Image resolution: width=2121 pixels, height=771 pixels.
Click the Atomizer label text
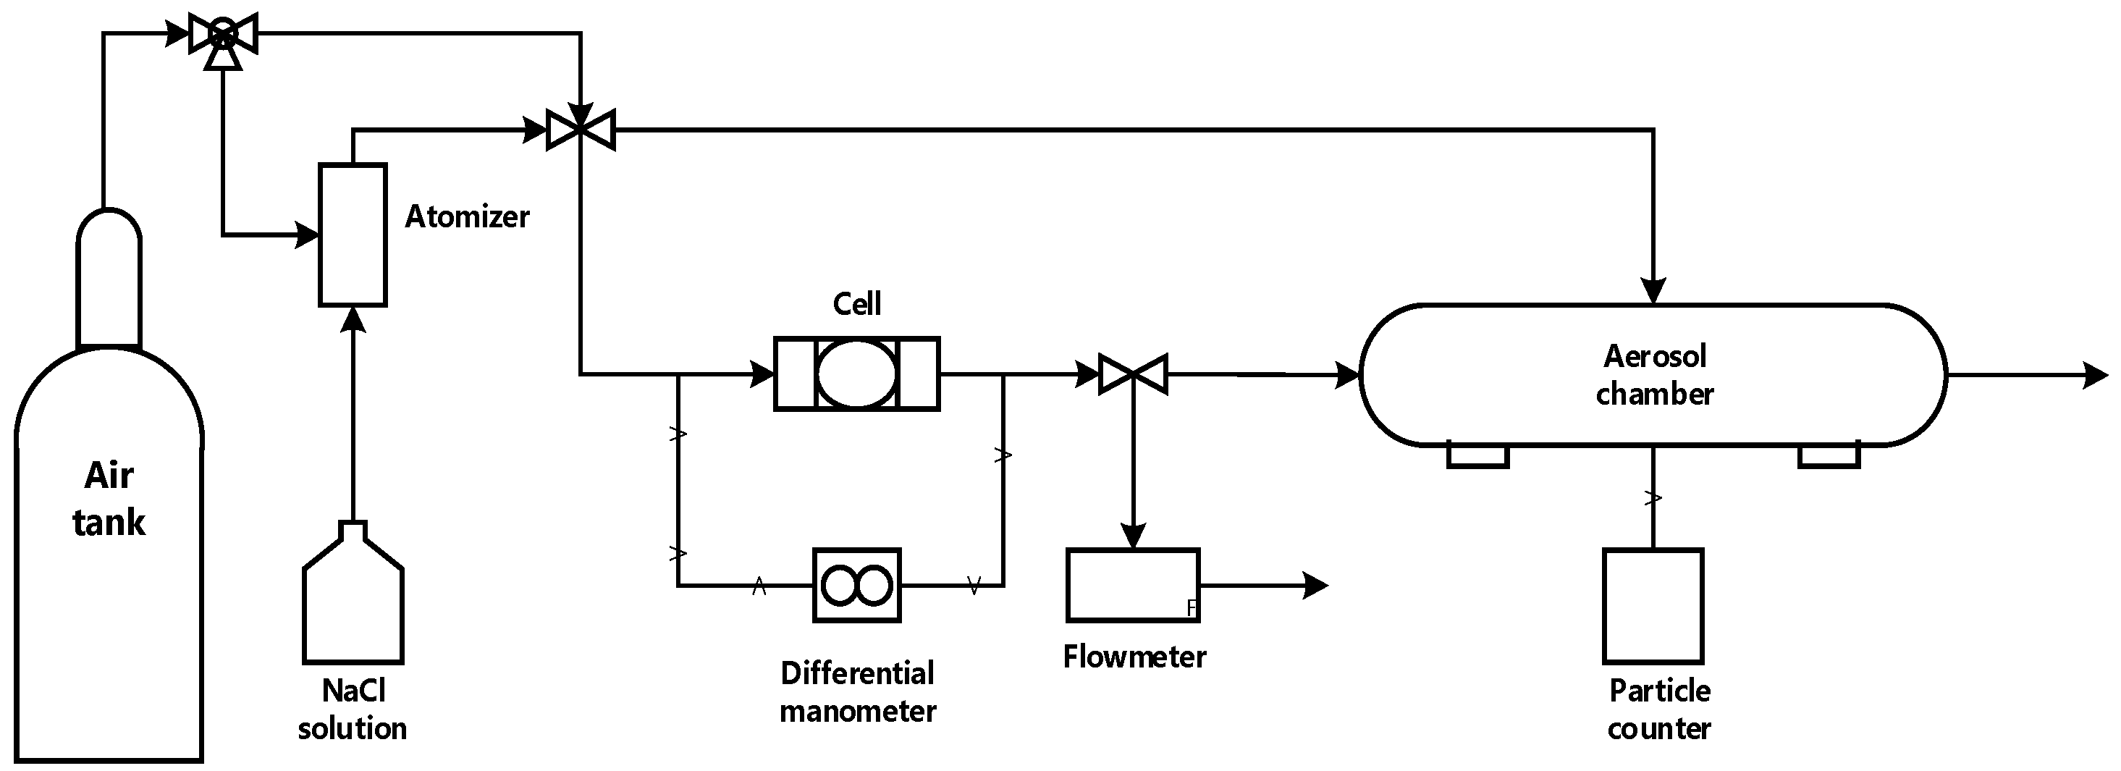coord(467,216)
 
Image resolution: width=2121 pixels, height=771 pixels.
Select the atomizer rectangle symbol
coord(353,235)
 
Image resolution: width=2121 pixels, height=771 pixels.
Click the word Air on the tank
coord(109,476)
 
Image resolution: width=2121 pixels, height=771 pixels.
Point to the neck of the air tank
coord(109,280)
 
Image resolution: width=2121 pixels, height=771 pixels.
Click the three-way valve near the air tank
coord(223,35)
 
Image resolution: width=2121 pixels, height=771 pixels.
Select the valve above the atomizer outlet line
coord(581,130)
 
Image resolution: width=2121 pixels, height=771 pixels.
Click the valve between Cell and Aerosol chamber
coord(1133,375)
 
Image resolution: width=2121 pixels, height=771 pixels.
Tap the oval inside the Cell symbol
coord(856,374)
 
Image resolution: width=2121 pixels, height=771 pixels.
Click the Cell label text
coord(856,304)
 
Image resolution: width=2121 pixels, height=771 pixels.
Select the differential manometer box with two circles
coord(856,586)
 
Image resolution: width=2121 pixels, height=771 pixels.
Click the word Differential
coord(856,674)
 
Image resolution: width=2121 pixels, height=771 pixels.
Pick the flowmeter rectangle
coord(1132,585)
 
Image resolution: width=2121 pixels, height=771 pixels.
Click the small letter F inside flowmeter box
coord(1191,608)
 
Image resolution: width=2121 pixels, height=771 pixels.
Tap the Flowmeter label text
coord(1134,657)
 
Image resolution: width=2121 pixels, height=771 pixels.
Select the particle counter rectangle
coord(1653,605)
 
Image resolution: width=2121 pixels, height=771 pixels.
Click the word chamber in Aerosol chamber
coord(1654,395)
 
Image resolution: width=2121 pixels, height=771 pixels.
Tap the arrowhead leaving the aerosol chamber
coord(2096,376)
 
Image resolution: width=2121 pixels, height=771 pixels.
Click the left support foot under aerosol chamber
coord(1477,456)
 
